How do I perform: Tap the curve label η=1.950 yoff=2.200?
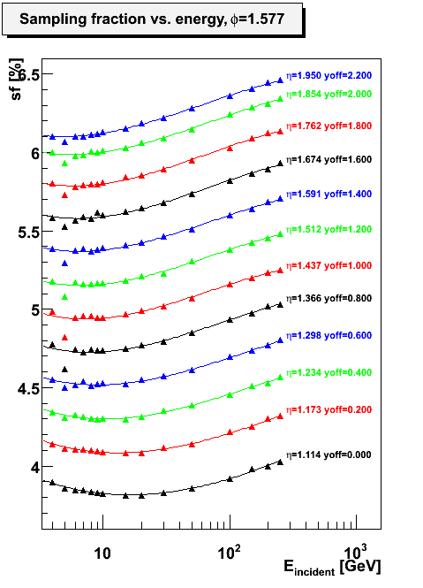pyautogui.click(x=329, y=75)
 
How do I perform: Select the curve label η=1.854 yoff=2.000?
pyautogui.click(x=329, y=94)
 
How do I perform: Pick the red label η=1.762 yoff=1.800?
pyautogui.click(x=329, y=126)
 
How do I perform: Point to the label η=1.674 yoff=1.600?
pyautogui.click(x=329, y=159)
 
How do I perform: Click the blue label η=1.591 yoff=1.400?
pyautogui.click(x=329, y=194)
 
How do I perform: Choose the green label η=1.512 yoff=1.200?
pyautogui.click(x=329, y=229)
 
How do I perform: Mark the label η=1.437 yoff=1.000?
pyautogui.click(x=329, y=265)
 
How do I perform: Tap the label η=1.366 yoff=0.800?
pyautogui.click(x=329, y=298)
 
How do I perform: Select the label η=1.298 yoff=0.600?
pyautogui.click(x=329, y=335)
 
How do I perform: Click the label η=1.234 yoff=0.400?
pyautogui.click(x=329, y=372)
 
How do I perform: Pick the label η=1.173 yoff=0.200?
pyautogui.click(x=329, y=409)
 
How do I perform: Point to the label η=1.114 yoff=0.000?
pyautogui.click(x=329, y=454)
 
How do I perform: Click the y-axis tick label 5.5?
pyautogui.click(x=28, y=233)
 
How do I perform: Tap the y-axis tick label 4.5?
pyautogui.click(x=28, y=389)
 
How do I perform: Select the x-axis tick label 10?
pyautogui.click(x=102, y=554)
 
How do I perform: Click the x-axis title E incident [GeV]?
pyautogui.click(x=332, y=567)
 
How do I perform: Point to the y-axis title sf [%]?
pyautogui.click(x=16, y=79)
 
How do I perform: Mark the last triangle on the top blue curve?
pyautogui.click(x=280, y=80)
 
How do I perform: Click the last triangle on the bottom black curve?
pyautogui.click(x=280, y=462)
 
